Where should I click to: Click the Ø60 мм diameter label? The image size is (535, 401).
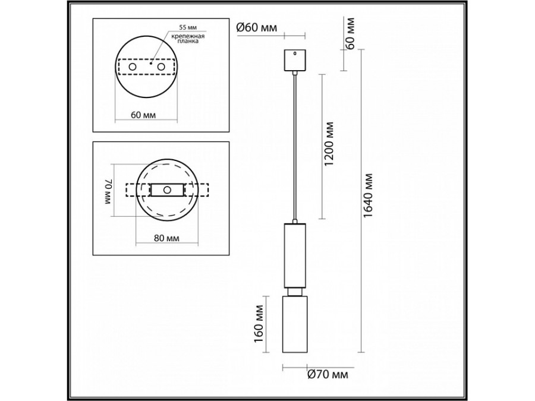(257, 27)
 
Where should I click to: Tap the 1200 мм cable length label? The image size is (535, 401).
(329, 144)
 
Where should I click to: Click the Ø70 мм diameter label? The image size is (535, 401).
(328, 374)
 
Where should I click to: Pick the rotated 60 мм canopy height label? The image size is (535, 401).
(350, 33)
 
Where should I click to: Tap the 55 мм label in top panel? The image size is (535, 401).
(188, 27)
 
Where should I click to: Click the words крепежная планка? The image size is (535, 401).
(188, 39)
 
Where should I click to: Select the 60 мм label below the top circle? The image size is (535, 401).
(143, 115)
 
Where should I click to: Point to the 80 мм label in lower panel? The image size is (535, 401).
(166, 238)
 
